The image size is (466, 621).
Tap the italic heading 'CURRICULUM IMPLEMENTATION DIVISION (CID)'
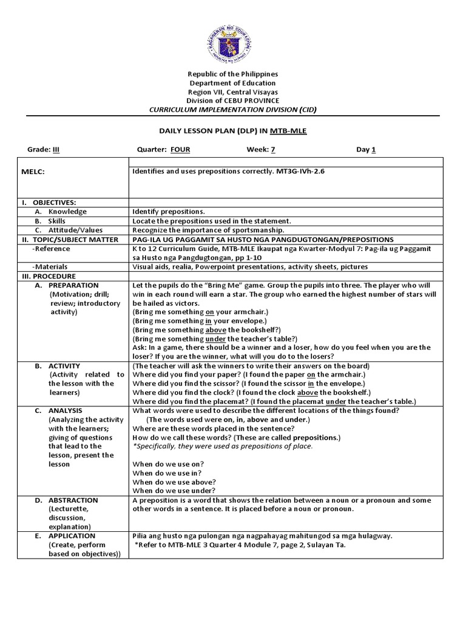(x=232, y=110)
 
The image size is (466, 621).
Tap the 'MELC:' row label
(x=33, y=172)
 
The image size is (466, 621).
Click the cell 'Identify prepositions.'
(x=168, y=212)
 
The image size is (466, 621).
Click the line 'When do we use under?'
(x=174, y=491)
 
